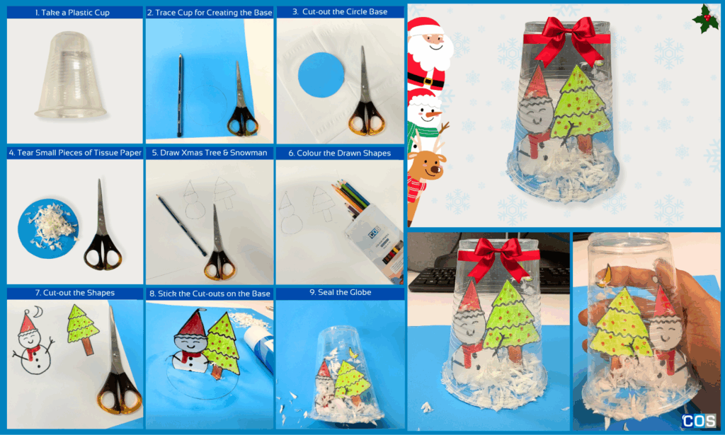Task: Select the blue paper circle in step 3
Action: point(321,75)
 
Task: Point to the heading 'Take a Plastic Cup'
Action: point(69,13)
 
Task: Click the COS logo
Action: point(699,421)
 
